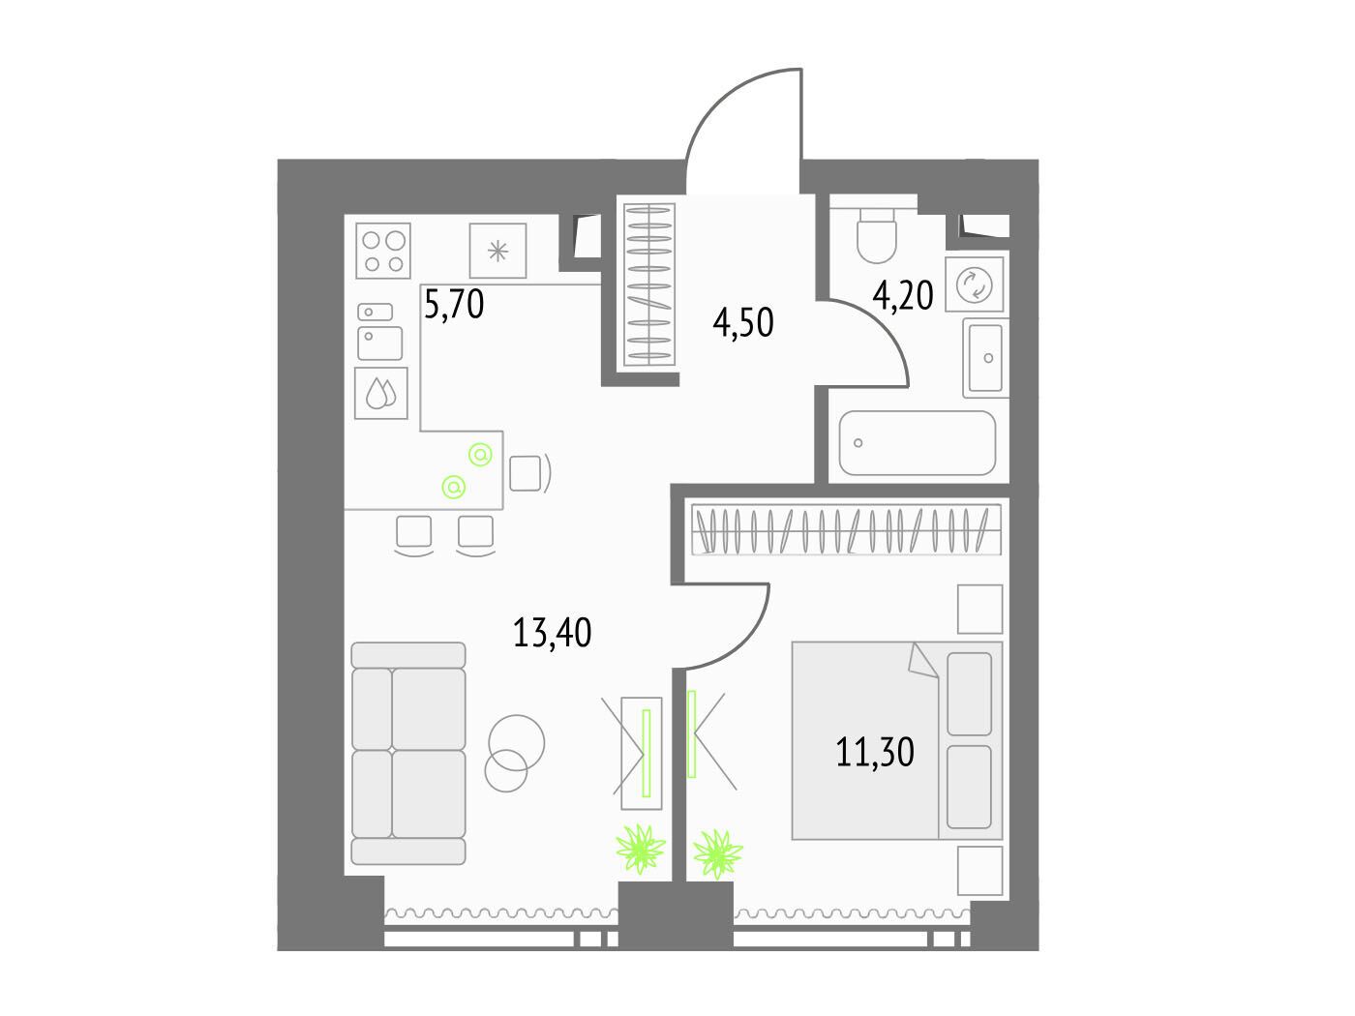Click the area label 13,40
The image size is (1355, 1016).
pyautogui.click(x=552, y=633)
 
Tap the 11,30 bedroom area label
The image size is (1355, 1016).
pyautogui.click(x=875, y=752)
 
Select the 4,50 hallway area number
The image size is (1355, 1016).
pyautogui.click(x=742, y=322)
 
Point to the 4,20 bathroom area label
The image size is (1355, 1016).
pyautogui.click(x=902, y=295)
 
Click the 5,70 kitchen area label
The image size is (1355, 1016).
pyautogui.click(x=454, y=304)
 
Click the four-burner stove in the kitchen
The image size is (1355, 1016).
pyautogui.click(x=383, y=251)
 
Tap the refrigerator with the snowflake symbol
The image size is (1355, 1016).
pyautogui.click(x=497, y=251)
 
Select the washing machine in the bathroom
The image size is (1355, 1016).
pyautogui.click(x=974, y=284)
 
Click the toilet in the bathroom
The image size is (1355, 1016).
pyautogui.click(x=877, y=235)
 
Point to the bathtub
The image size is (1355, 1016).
pyautogui.click(x=918, y=443)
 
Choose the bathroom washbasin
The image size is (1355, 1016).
pyautogui.click(x=985, y=358)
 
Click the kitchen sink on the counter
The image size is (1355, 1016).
pyautogui.click(x=379, y=332)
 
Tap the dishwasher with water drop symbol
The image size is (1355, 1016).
pyautogui.click(x=381, y=393)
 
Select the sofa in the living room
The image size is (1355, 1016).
pyautogui.click(x=408, y=753)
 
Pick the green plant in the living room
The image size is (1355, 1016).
pyautogui.click(x=641, y=850)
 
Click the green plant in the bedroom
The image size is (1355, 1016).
pyautogui.click(x=717, y=853)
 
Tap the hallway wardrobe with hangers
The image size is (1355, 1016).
pyautogui.click(x=648, y=284)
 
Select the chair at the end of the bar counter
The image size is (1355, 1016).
pyautogui.click(x=529, y=473)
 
